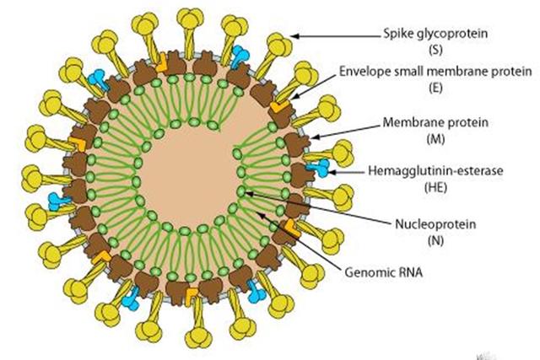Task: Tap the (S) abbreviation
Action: [x=435, y=51]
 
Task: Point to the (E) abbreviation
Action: [x=435, y=89]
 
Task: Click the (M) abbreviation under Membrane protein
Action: [x=435, y=139]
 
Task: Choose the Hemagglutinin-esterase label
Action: [x=435, y=170]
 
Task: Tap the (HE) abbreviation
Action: [x=435, y=187]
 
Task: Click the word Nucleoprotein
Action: [x=435, y=224]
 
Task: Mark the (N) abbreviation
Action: [x=435, y=240]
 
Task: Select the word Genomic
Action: [x=368, y=272]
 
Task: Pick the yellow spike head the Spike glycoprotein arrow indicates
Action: [x=279, y=44]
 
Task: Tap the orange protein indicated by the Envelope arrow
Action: [x=279, y=105]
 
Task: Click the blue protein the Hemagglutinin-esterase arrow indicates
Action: [x=319, y=168]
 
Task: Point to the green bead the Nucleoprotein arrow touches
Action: [x=241, y=191]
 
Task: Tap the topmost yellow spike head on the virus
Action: [x=190, y=18]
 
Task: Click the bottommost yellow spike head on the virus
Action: [x=198, y=337]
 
